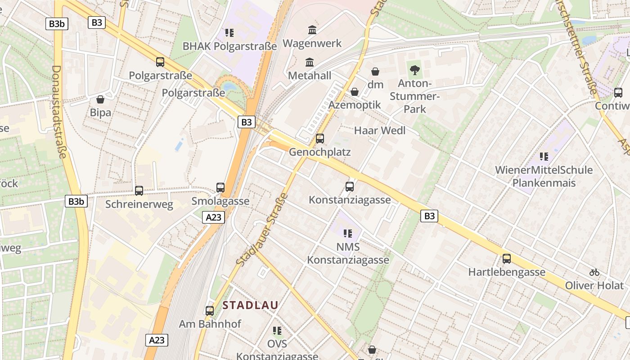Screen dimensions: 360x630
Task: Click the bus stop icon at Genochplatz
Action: click(x=320, y=138)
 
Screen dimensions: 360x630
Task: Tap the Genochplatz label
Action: click(x=319, y=152)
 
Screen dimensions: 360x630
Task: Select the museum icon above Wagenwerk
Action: click(x=312, y=30)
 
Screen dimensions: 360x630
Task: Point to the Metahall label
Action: click(x=310, y=76)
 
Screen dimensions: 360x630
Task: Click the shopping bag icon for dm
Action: click(x=375, y=72)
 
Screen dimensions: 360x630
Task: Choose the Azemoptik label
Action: click(x=355, y=105)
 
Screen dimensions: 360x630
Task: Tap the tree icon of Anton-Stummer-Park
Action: click(x=415, y=70)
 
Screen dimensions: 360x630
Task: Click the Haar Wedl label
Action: click(x=380, y=130)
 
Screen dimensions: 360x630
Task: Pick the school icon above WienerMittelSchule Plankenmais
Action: click(x=544, y=157)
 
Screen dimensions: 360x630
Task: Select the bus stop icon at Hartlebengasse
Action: click(x=507, y=259)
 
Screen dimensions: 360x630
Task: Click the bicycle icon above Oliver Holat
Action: click(x=594, y=272)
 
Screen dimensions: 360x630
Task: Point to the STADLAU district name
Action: click(x=250, y=305)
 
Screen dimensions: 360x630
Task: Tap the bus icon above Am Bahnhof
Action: click(x=210, y=310)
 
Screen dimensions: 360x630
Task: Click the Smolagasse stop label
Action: click(x=220, y=201)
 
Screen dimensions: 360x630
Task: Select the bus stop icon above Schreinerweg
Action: click(x=139, y=191)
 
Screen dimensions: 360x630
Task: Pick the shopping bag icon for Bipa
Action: click(x=100, y=99)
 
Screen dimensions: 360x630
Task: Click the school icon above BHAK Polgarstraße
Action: click(x=229, y=33)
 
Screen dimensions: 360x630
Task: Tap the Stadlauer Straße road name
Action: click(x=261, y=229)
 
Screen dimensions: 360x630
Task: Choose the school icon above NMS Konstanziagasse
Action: click(x=348, y=233)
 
